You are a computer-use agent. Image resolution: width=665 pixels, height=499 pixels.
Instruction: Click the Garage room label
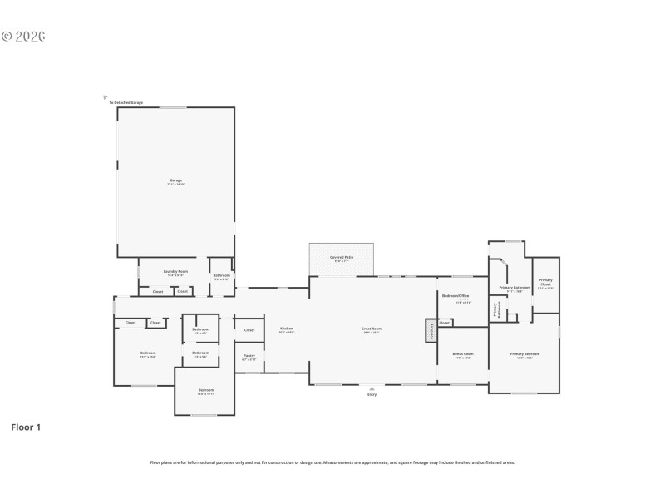(175, 180)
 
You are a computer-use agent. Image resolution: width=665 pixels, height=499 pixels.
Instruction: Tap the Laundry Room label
(175, 271)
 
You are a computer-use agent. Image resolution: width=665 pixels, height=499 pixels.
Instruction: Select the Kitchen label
(287, 329)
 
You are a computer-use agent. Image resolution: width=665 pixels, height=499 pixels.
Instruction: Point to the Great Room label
(371, 329)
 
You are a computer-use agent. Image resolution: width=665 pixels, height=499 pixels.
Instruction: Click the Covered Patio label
(342, 257)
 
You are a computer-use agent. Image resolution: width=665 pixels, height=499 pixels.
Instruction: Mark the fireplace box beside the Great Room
(431, 330)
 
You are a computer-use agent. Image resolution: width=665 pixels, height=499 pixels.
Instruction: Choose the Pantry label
(249, 355)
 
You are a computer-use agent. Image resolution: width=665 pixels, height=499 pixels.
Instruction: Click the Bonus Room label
(463, 353)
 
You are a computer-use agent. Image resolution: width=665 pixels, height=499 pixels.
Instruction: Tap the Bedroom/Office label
(456, 296)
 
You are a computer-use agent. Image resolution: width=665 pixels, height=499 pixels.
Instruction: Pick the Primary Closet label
(545, 281)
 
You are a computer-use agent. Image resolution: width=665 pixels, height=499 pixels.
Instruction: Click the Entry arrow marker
(372, 388)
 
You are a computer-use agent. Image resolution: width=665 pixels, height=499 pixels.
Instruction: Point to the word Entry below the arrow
(372, 394)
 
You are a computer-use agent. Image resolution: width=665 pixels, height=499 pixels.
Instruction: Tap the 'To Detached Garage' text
(126, 103)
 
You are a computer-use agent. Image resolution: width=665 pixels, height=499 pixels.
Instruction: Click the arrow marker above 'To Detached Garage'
(106, 96)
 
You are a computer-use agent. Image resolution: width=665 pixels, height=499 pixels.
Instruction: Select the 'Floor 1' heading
(26, 427)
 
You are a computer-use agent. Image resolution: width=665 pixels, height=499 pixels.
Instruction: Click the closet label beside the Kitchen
(249, 330)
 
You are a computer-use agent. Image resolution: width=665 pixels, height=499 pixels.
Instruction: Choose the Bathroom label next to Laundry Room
(222, 275)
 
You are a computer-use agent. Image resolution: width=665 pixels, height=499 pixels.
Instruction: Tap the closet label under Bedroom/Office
(445, 323)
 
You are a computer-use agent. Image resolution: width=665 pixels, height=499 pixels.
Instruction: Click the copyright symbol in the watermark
(7, 37)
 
